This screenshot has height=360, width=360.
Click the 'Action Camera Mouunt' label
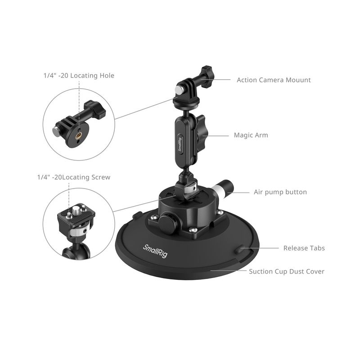coord(274,80)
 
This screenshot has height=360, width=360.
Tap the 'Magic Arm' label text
coord(251,135)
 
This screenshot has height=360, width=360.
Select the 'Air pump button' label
coord(280,192)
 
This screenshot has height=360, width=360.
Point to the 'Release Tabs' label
coord(304,248)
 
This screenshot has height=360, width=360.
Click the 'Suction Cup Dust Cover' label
coord(287,271)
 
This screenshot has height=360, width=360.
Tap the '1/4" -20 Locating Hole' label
coord(79,76)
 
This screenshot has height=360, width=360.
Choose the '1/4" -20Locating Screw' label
coord(74,177)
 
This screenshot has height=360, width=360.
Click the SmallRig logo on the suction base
coord(155,251)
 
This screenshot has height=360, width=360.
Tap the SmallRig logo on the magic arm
coord(180,144)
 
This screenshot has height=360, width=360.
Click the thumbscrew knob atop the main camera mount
coord(207,77)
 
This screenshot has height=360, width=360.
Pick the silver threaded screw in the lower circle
coord(76,210)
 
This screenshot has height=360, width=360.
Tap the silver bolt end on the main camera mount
coord(179,89)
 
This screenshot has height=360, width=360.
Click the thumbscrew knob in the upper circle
coord(95,109)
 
